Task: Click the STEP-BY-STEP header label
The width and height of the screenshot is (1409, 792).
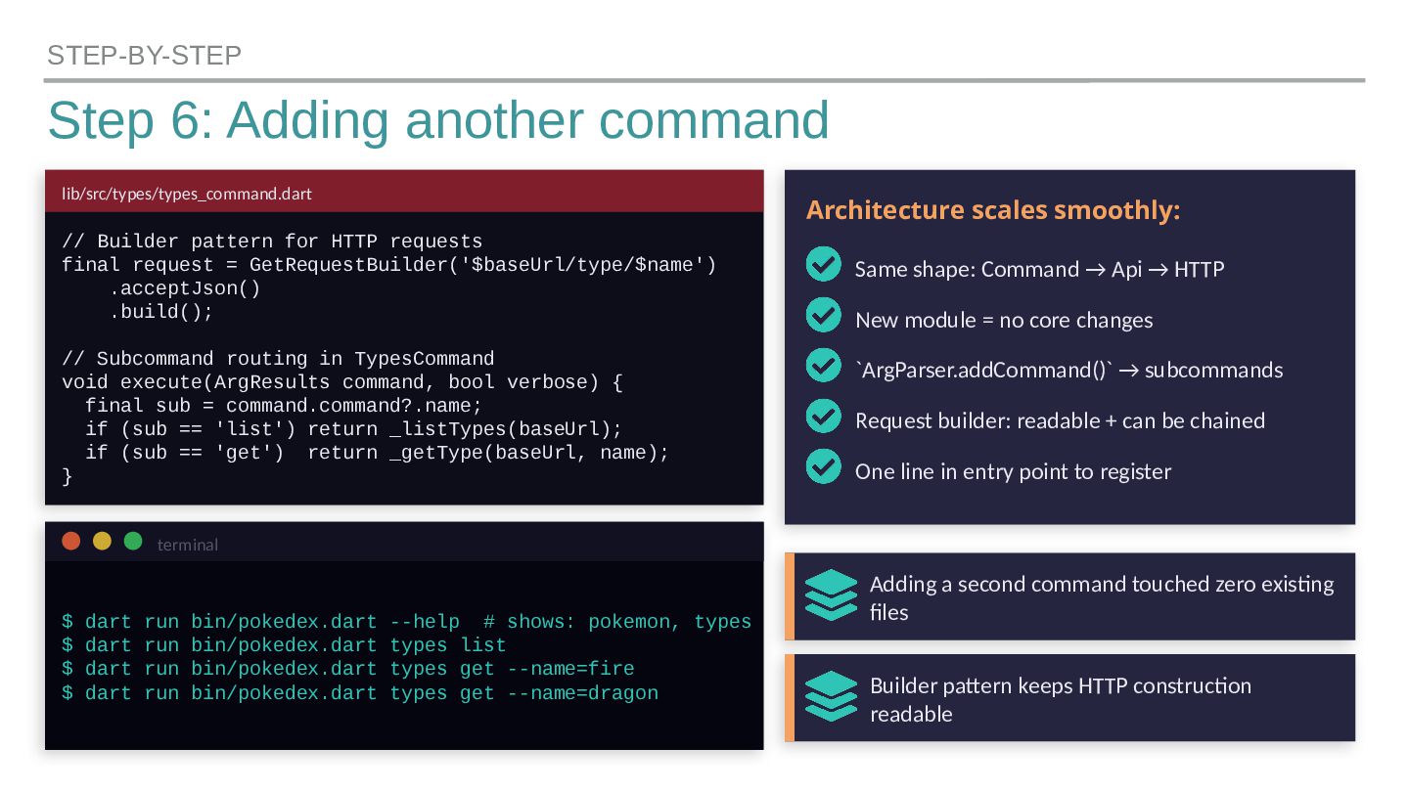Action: coord(144,56)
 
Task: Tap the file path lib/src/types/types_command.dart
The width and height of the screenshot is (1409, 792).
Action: coord(187,194)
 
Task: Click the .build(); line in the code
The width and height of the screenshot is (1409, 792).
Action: coord(161,312)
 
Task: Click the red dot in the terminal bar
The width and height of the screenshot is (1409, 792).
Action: coord(70,542)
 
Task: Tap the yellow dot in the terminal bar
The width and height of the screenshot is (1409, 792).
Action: coord(102,542)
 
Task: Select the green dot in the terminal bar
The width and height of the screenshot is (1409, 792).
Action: coord(133,542)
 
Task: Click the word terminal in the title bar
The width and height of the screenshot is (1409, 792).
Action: coord(188,545)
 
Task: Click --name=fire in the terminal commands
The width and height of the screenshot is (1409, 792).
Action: coord(571,670)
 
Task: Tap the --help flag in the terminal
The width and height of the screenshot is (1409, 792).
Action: coord(425,623)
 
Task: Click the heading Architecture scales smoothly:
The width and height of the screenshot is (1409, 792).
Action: coord(993,210)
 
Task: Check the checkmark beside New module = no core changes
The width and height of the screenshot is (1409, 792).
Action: coord(824,316)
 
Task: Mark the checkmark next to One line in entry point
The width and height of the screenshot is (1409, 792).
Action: coord(824,466)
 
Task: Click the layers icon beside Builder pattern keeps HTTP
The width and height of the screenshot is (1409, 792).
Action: coord(831,696)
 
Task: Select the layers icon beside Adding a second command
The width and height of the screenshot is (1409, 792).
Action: coord(831,594)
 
